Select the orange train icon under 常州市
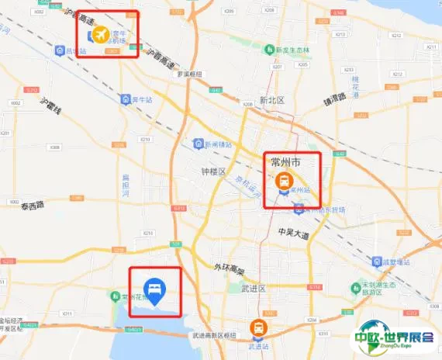pos(284,181)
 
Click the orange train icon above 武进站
pos(257,328)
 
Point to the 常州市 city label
pos(285,162)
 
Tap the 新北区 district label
pos(272,100)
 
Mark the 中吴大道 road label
pos(292,234)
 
